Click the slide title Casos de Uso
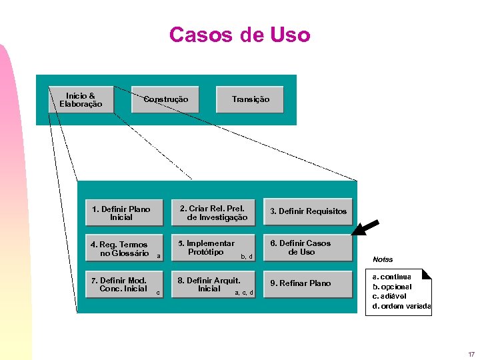(239, 35)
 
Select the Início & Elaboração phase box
(81, 100)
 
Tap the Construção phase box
(166, 100)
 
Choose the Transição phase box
(250, 100)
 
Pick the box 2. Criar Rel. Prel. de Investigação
(214, 213)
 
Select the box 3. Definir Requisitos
(307, 211)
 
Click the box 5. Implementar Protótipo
(214, 248)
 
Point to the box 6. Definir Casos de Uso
(307, 248)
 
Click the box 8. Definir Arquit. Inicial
(214, 284)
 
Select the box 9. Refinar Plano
(307, 283)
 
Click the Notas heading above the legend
(383, 259)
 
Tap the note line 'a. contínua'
(392, 276)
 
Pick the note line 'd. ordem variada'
(401, 306)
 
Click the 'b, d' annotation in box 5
(246, 257)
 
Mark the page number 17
(471, 354)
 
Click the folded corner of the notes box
(427, 273)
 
